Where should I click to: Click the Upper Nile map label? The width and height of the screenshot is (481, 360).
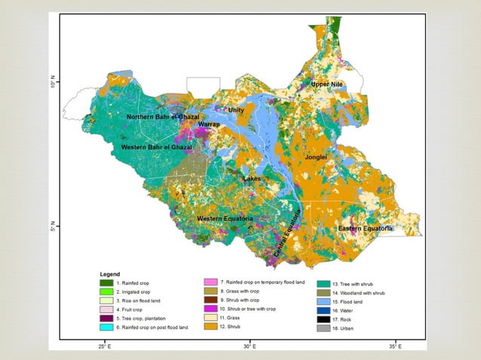coord(327,84)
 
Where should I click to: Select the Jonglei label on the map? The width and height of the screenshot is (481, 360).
coord(315,157)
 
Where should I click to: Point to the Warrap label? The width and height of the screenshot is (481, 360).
coord(208,124)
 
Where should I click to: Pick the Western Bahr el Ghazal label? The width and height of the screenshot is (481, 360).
coord(157,147)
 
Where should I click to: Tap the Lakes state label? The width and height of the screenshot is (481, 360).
coord(252,179)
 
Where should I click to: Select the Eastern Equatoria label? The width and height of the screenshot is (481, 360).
coord(365,228)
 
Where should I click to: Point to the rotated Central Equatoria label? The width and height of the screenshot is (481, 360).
coord(286,234)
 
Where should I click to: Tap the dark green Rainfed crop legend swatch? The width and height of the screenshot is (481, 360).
coord(107,282)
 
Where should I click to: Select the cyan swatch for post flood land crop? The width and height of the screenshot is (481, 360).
coord(107,328)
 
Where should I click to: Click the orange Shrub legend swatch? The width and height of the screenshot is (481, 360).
coord(210,328)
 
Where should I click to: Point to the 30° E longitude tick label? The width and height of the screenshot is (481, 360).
coord(250,347)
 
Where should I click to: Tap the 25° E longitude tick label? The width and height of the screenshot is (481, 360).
coord(104,347)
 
